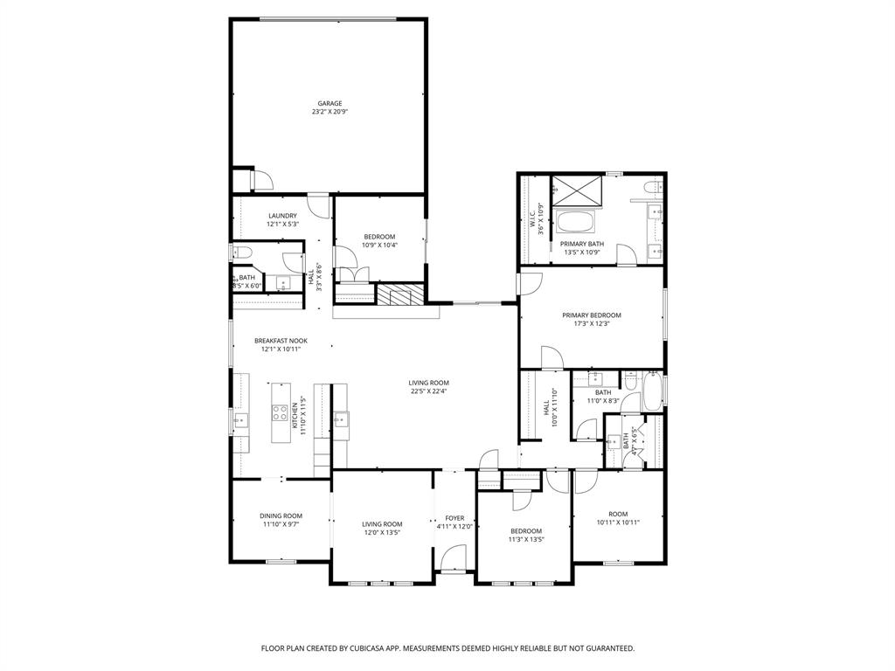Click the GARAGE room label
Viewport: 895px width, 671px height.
[x=330, y=103]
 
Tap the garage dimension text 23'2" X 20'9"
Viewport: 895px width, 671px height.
[x=330, y=112]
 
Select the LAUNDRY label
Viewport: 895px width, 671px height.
[x=282, y=216]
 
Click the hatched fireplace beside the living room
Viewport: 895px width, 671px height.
[x=400, y=294]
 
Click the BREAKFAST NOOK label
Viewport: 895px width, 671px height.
[x=281, y=341]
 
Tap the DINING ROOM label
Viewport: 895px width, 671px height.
[x=281, y=515]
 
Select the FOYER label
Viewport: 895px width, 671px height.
[x=454, y=518]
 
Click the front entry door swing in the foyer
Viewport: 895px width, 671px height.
[x=453, y=558]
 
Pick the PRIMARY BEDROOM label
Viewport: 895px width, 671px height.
[x=592, y=315]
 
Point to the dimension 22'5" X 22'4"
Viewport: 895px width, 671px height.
[x=428, y=391]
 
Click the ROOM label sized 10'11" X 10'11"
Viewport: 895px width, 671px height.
[x=619, y=514]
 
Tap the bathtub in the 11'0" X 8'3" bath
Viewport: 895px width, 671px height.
[x=650, y=392]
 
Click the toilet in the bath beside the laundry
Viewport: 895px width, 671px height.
[x=242, y=252]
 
